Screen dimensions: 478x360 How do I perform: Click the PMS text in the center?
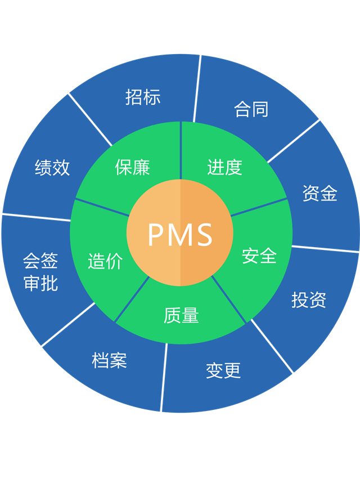(x=180, y=234)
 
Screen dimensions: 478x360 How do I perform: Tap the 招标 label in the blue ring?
(x=143, y=97)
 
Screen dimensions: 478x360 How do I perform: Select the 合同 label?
(x=251, y=109)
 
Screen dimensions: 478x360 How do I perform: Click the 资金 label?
(x=319, y=194)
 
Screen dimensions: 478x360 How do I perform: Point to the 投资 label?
(x=309, y=300)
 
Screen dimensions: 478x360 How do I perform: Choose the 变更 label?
(x=223, y=370)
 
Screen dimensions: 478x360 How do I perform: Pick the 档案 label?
(x=109, y=360)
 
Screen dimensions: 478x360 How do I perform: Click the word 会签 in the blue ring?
(x=40, y=261)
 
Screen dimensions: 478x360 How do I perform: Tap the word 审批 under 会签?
(x=40, y=283)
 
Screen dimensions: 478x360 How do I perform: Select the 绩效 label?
(x=52, y=167)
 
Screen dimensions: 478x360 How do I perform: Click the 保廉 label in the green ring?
(x=132, y=167)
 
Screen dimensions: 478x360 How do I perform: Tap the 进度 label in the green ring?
(x=224, y=167)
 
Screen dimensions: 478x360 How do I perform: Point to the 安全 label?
(x=259, y=256)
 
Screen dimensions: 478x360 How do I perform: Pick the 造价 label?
(x=105, y=261)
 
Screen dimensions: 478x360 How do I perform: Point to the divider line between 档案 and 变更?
(x=164, y=378)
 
